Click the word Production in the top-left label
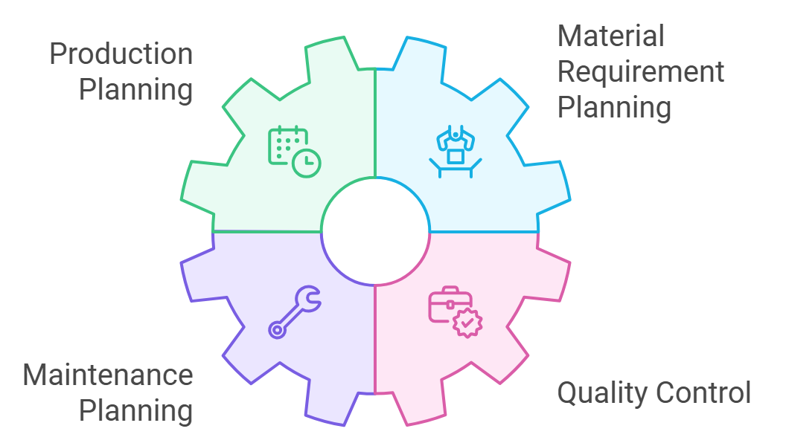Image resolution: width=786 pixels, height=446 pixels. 121,55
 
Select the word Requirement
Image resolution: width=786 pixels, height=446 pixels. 641,72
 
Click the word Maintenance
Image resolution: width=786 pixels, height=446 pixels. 108,375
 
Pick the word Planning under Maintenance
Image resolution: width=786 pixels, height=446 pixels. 136,411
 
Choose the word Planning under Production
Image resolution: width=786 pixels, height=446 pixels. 136,91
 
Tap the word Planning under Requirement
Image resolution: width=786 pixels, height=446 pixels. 614,108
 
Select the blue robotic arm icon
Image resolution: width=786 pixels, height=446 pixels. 455,152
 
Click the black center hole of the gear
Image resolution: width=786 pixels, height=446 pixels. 375,232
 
